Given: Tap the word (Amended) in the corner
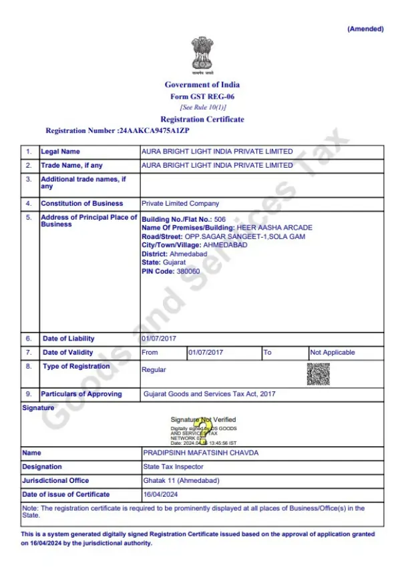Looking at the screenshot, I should (365, 29).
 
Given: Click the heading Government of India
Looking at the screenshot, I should (202, 85).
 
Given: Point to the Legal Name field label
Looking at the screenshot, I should (60, 152).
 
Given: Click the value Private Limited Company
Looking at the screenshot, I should (180, 204).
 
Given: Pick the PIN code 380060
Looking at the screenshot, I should (188, 272).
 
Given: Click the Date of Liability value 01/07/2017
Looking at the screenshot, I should (159, 339).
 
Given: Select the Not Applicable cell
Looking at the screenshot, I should (333, 353).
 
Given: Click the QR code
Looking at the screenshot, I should (318, 373).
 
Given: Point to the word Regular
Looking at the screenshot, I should (154, 370).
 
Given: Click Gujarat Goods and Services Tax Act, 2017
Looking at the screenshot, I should (209, 394).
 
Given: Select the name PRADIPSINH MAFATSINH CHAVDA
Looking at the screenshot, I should (201, 453).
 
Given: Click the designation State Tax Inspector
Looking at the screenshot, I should (174, 467).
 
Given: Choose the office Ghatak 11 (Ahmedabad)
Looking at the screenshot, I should (181, 481).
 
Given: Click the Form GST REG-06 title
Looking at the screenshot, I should (202, 96).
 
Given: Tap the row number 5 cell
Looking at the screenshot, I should (29, 218).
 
